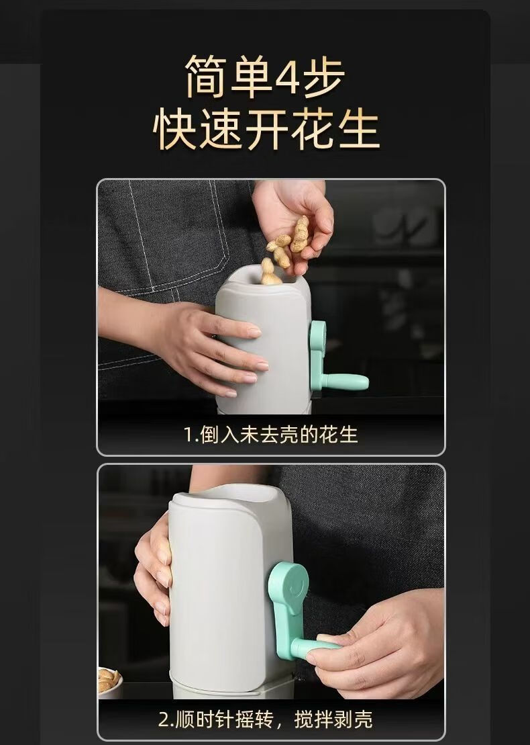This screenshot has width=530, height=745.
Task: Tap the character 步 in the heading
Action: point(323,77)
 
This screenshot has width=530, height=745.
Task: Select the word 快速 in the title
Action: point(199,129)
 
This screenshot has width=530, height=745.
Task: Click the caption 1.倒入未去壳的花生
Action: point(270,435)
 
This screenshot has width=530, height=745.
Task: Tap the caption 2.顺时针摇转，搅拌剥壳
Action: point(266,719)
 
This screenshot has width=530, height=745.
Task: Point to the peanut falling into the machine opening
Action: point(269,273)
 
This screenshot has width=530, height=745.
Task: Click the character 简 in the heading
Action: point(206,77)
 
